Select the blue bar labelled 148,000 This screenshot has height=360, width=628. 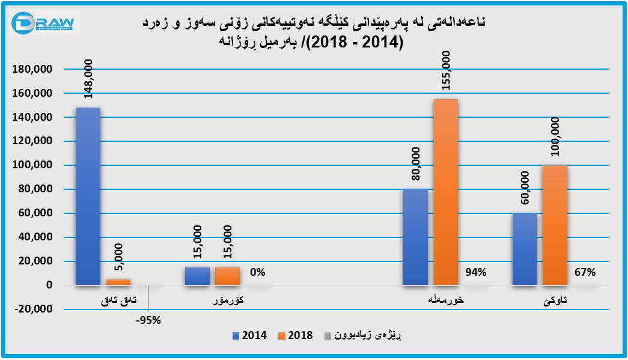(88, 196)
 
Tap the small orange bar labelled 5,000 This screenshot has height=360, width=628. (118, 282)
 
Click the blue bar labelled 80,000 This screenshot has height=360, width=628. (415, 237)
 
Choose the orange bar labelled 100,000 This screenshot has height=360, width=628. (555, 225)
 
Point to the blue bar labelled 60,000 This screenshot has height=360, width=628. (525, 249)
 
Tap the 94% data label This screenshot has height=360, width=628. (475, 272)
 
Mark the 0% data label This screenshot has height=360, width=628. (257, 272)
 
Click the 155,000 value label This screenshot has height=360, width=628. (446, 71)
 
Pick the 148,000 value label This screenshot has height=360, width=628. (88, 79)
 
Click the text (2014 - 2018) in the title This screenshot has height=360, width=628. (356, 43)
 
